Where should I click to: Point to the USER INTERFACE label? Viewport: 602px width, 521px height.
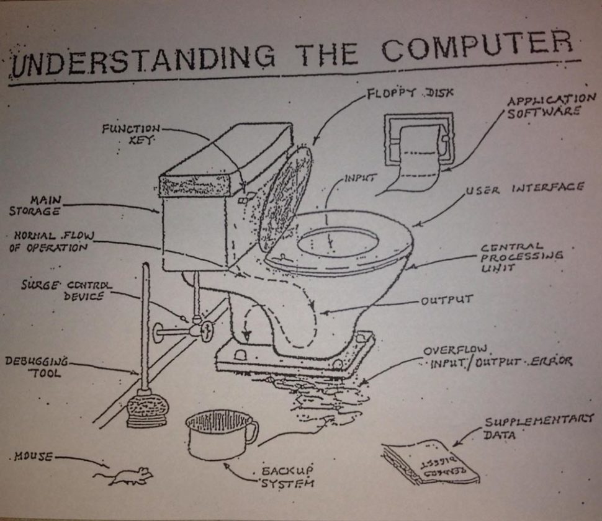pos(524,188)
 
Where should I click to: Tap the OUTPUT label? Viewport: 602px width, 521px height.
pos(447,301)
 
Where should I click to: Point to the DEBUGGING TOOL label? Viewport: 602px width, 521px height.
pos(36,367)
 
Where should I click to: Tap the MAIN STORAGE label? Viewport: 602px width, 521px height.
pos(35,206)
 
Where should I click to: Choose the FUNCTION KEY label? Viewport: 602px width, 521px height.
pos(132,133)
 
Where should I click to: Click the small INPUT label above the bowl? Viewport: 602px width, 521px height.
pos(361,179)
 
